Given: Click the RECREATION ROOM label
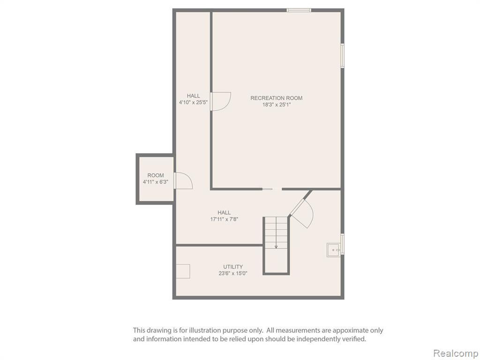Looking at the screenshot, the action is tap(277, 98).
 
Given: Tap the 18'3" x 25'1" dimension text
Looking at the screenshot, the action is tap(277, 105).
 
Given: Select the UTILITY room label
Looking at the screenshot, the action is tap(233, 267).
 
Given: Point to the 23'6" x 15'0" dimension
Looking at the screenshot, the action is tap(233, 273).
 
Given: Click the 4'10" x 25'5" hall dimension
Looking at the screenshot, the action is tap(194, 103).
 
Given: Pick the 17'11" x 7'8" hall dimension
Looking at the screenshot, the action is tap(224, 219).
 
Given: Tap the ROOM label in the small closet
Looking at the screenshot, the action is tap(156, 175).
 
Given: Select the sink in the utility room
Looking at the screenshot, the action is tap(333, 250).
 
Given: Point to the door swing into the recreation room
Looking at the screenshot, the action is tap(220, 101).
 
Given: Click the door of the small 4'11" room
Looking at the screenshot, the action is tap(183, 180).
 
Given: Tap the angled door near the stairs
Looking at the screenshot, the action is tap(301, 213).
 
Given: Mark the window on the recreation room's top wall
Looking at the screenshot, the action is tap(299, 10).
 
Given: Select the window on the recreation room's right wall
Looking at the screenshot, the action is tap(343, 55).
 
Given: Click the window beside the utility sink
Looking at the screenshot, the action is tap(343, 244).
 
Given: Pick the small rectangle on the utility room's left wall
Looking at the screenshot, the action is tap(183, 271).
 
